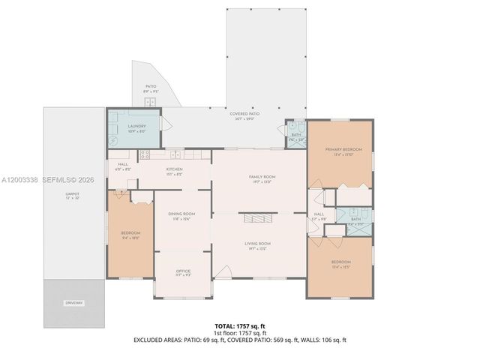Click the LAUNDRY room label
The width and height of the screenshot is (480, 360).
[136, 127]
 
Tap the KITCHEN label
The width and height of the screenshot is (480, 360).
[175, 169]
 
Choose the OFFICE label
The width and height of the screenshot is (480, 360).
[183, 271]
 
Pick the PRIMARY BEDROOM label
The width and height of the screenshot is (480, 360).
[343, 150]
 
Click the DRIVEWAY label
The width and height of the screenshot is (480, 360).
[73, 303]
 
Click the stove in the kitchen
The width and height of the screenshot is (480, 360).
[145, 155]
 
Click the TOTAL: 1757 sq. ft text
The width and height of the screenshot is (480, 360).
[239, 326]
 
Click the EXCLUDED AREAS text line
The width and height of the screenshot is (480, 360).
[239, 340]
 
